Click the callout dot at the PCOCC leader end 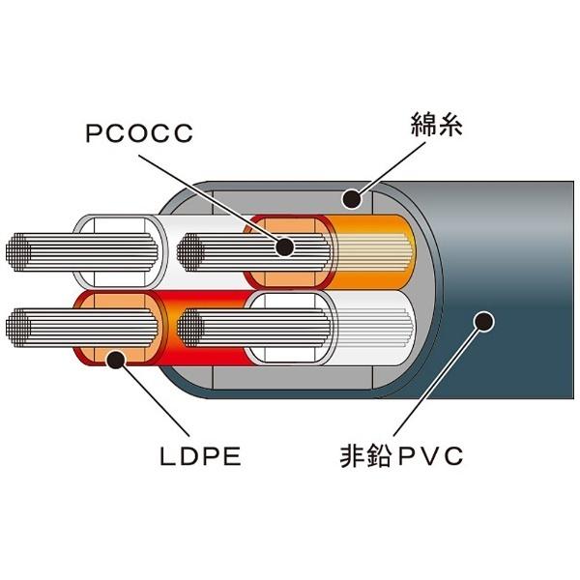coord(284,247)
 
